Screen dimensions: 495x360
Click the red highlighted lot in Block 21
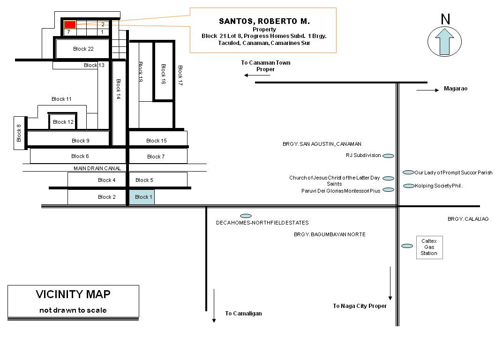point(70,25)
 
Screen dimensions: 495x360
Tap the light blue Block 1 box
point(142,197)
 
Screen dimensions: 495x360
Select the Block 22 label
point(83,49)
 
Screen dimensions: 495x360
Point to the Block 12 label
point(63,122)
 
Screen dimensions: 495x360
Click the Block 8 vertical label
point(19,133)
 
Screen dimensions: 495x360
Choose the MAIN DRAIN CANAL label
point(97,168)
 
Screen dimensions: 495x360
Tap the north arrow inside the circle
point(444,42)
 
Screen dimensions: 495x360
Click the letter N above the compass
point(445,19)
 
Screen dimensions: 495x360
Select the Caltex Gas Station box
point(429,247)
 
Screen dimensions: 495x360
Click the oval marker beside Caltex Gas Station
point(407,246)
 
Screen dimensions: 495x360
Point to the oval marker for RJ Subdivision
point(388,156)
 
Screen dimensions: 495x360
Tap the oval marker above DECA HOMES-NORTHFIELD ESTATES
point(246,216)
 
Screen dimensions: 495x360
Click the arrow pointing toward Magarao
point(428,90)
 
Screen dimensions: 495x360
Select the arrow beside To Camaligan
point(214,306)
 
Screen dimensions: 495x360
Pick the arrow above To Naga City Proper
point(390,283)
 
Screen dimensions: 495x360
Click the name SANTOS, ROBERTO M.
point(264,21)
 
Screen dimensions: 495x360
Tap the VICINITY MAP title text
point(73,294)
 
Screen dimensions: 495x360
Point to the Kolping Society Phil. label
point(438,186)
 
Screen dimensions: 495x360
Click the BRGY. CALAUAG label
point(468,219)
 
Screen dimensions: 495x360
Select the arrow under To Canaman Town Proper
point(257,75)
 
